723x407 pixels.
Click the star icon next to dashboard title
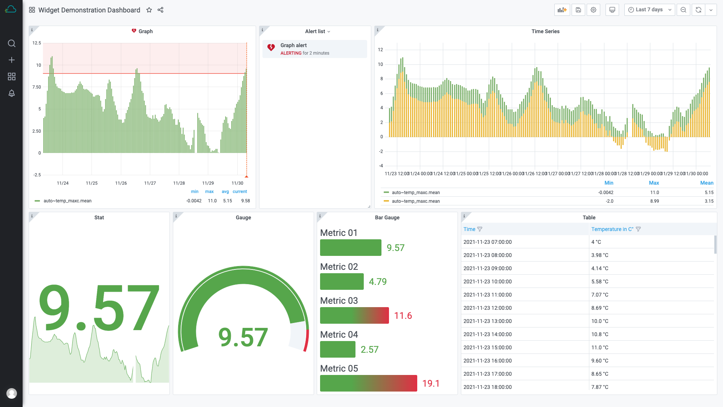[x=149, y=10]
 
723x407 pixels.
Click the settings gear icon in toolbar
[x=593, y=10]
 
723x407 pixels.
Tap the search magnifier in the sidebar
[x=12, y=43]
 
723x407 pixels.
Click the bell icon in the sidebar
[x=12, y=93]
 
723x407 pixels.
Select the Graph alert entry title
[x=293, y=45]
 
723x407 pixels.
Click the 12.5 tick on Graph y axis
[x=37, y=43]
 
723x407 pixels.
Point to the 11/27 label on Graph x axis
[x=150, y=183]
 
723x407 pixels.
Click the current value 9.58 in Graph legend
[x=246, y=201]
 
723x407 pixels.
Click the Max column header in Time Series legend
[x=654, y=183]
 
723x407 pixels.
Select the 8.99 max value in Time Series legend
[x=654, y=201]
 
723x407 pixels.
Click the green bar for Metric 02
[x=342, y=282]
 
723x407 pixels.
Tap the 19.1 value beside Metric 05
[x=431, y=383]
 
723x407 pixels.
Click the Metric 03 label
[x=339, y=301]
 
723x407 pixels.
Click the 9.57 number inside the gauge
[x=243, y=337]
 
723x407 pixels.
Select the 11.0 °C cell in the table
[x=599, y=347]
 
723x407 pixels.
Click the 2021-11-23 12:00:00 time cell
[x=487, y=308]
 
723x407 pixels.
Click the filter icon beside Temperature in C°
[x=638, y=229]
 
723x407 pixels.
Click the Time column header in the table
[x=469, y=229]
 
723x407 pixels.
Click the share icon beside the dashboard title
[x=160, y=10]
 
